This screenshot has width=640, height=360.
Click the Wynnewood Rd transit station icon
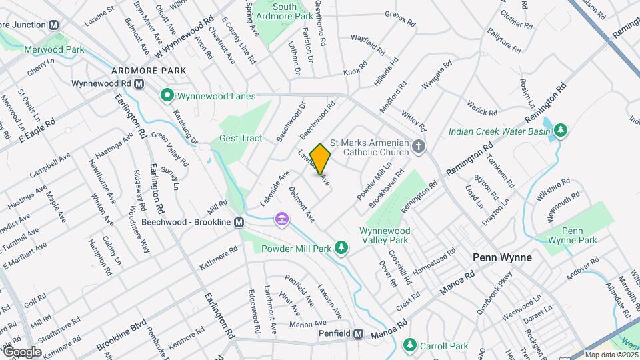[139, 84]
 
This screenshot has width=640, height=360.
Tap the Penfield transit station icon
[359, 334]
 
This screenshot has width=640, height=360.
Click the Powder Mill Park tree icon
[341, 249]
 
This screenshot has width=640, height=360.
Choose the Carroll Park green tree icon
[408, 345]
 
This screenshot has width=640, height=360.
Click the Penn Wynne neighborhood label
[502, 257]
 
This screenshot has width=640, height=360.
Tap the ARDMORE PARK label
[147, 70]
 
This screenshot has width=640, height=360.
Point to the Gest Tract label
[241, 138]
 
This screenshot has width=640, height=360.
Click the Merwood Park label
[54, 49]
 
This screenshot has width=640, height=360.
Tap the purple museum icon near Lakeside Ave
[282, 219]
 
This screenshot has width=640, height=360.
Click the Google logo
[22, 351]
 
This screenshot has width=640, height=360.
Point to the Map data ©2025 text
[611, 355]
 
